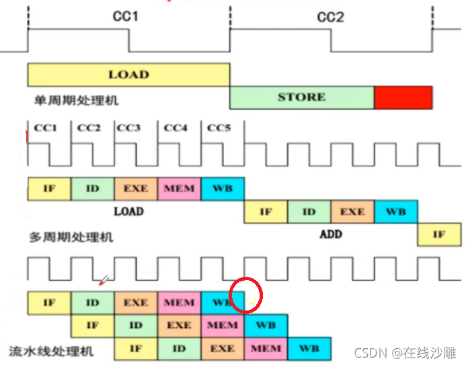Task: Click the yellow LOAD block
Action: click(128, 74)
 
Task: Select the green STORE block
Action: click(301, 97)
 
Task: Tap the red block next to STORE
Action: click(403, 97)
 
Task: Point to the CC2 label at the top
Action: click(330, 16)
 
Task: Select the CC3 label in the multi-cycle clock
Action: click(128, 128)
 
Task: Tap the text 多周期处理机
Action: click(71, 236)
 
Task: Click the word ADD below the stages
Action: click(330, 234)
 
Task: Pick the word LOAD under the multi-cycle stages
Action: click(128, 211)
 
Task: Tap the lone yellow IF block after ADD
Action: click(439, 234)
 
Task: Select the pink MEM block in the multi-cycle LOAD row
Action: click(179, 189)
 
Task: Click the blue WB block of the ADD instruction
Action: click(395, 211)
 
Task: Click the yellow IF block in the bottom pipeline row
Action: click(135, 348)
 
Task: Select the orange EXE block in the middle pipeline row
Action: click(179, 325)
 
